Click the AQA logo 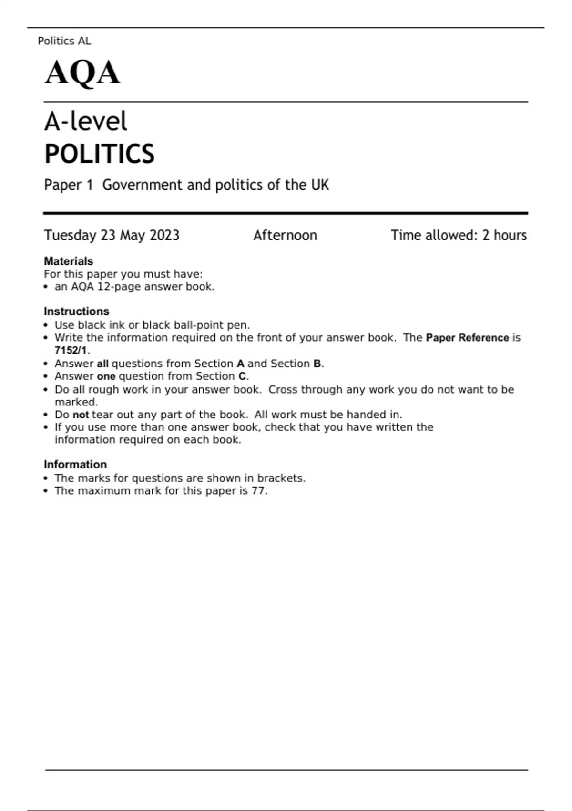(x=82, y=73)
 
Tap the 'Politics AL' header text (x=64, y=41)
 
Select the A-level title (x=86, y=121)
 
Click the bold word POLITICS (x=99, y=154)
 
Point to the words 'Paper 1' (x=68, y=185)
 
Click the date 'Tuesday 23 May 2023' (x=112, y=235)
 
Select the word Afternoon (x=285, y=235)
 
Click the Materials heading (x=68, y=261)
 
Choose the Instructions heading (x=76, y=312)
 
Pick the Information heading (x=75, y=465)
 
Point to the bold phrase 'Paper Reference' (x=467, y=338)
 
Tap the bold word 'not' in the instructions (x=81, y=415)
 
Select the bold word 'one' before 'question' (x=106, y=376)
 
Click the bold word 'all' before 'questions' (x=102, y=364)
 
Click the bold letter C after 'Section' (x=242, y=376)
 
